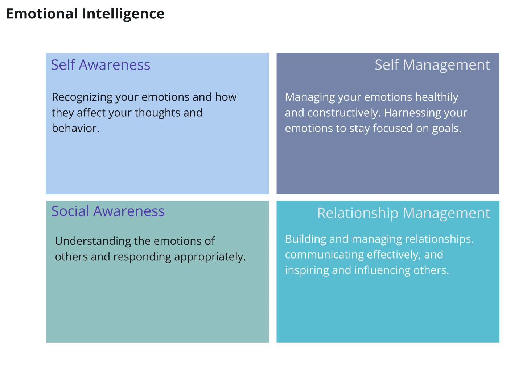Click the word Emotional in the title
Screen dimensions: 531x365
click(x=42, y=13)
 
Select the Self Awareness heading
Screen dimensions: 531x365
click(x=101, y=64)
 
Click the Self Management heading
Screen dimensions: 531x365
click(x=432, y=65)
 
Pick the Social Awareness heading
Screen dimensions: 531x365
click(x=108, y=211)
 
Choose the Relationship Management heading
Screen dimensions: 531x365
click(x=403, y=213)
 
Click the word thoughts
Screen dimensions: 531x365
click(x=157, y=113)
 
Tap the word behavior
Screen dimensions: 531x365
click(x=75, y=128)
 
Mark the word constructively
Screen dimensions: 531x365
click(x=344, y=113)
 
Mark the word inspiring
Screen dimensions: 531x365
click(x=307, y=271)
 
